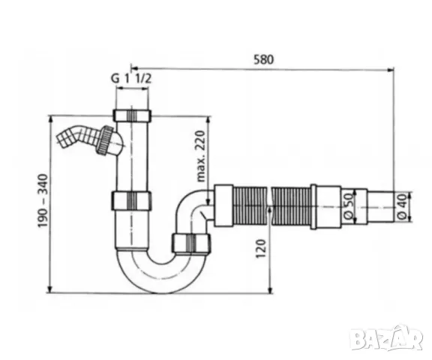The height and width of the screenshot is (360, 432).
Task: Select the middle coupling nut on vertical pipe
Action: tap(133, 201)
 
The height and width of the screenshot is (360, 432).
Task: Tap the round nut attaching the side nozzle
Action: tap(109, 139)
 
